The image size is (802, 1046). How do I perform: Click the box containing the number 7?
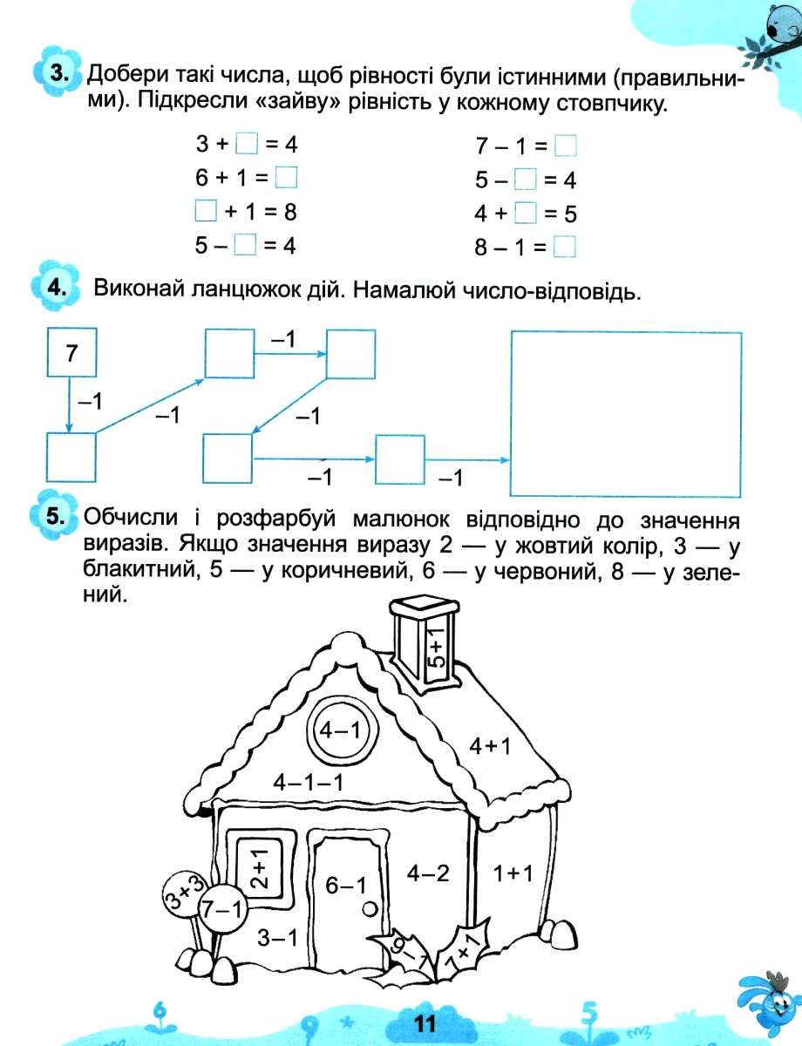tap(71, 352)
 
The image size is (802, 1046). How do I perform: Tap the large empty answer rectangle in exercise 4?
tap(625, 412)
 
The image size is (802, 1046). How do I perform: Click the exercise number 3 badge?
tap(58, 75)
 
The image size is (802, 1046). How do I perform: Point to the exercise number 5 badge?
tap(55, 515)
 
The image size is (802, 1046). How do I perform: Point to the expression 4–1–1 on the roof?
tap(308, 783)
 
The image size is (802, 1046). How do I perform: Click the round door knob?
tap(370, 909)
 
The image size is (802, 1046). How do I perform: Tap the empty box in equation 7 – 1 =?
tap(566, 145)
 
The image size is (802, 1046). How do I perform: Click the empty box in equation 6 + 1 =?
tap(286, 178)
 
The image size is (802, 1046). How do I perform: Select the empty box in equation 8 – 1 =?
tap(566, 248)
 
